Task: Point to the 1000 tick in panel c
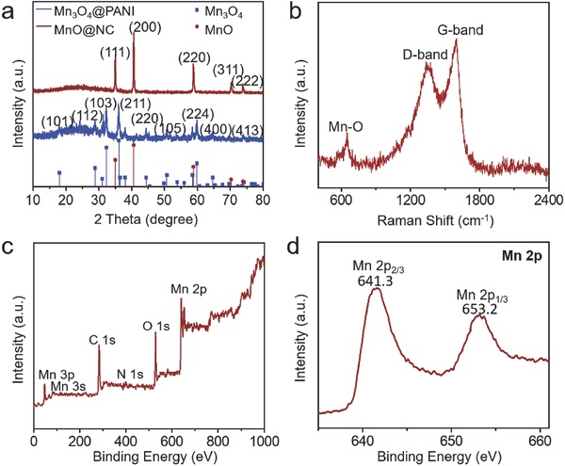[x=264, y=439]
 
